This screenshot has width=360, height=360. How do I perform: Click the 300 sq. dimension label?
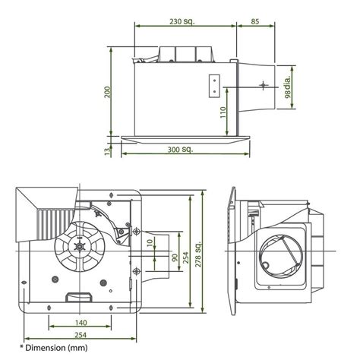coord(183,150)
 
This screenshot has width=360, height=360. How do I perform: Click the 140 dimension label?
coord(80,323)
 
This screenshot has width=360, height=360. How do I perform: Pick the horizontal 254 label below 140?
coord(80,335)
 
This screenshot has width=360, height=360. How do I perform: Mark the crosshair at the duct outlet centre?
coord(263,86)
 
